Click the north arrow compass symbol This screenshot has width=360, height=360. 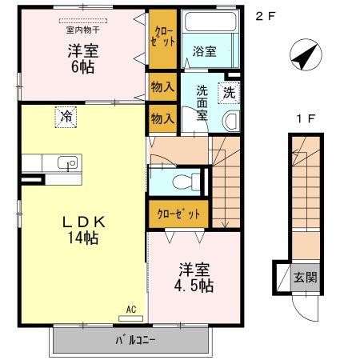pyautogui.click(x=302, y=58)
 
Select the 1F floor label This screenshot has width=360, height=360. pyautogui.click(x=305, y=119)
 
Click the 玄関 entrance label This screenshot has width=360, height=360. pyautogui.click(x=304, y=278)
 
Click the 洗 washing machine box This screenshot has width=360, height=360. pyautogui.click(x=229, y=91)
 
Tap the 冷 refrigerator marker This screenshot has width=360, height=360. pyautogui.click(x=66, y=117)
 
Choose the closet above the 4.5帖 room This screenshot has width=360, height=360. pyautogui.click(x=178, y=214)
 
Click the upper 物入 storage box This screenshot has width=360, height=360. pyautogui.click(x=162, y=86)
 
